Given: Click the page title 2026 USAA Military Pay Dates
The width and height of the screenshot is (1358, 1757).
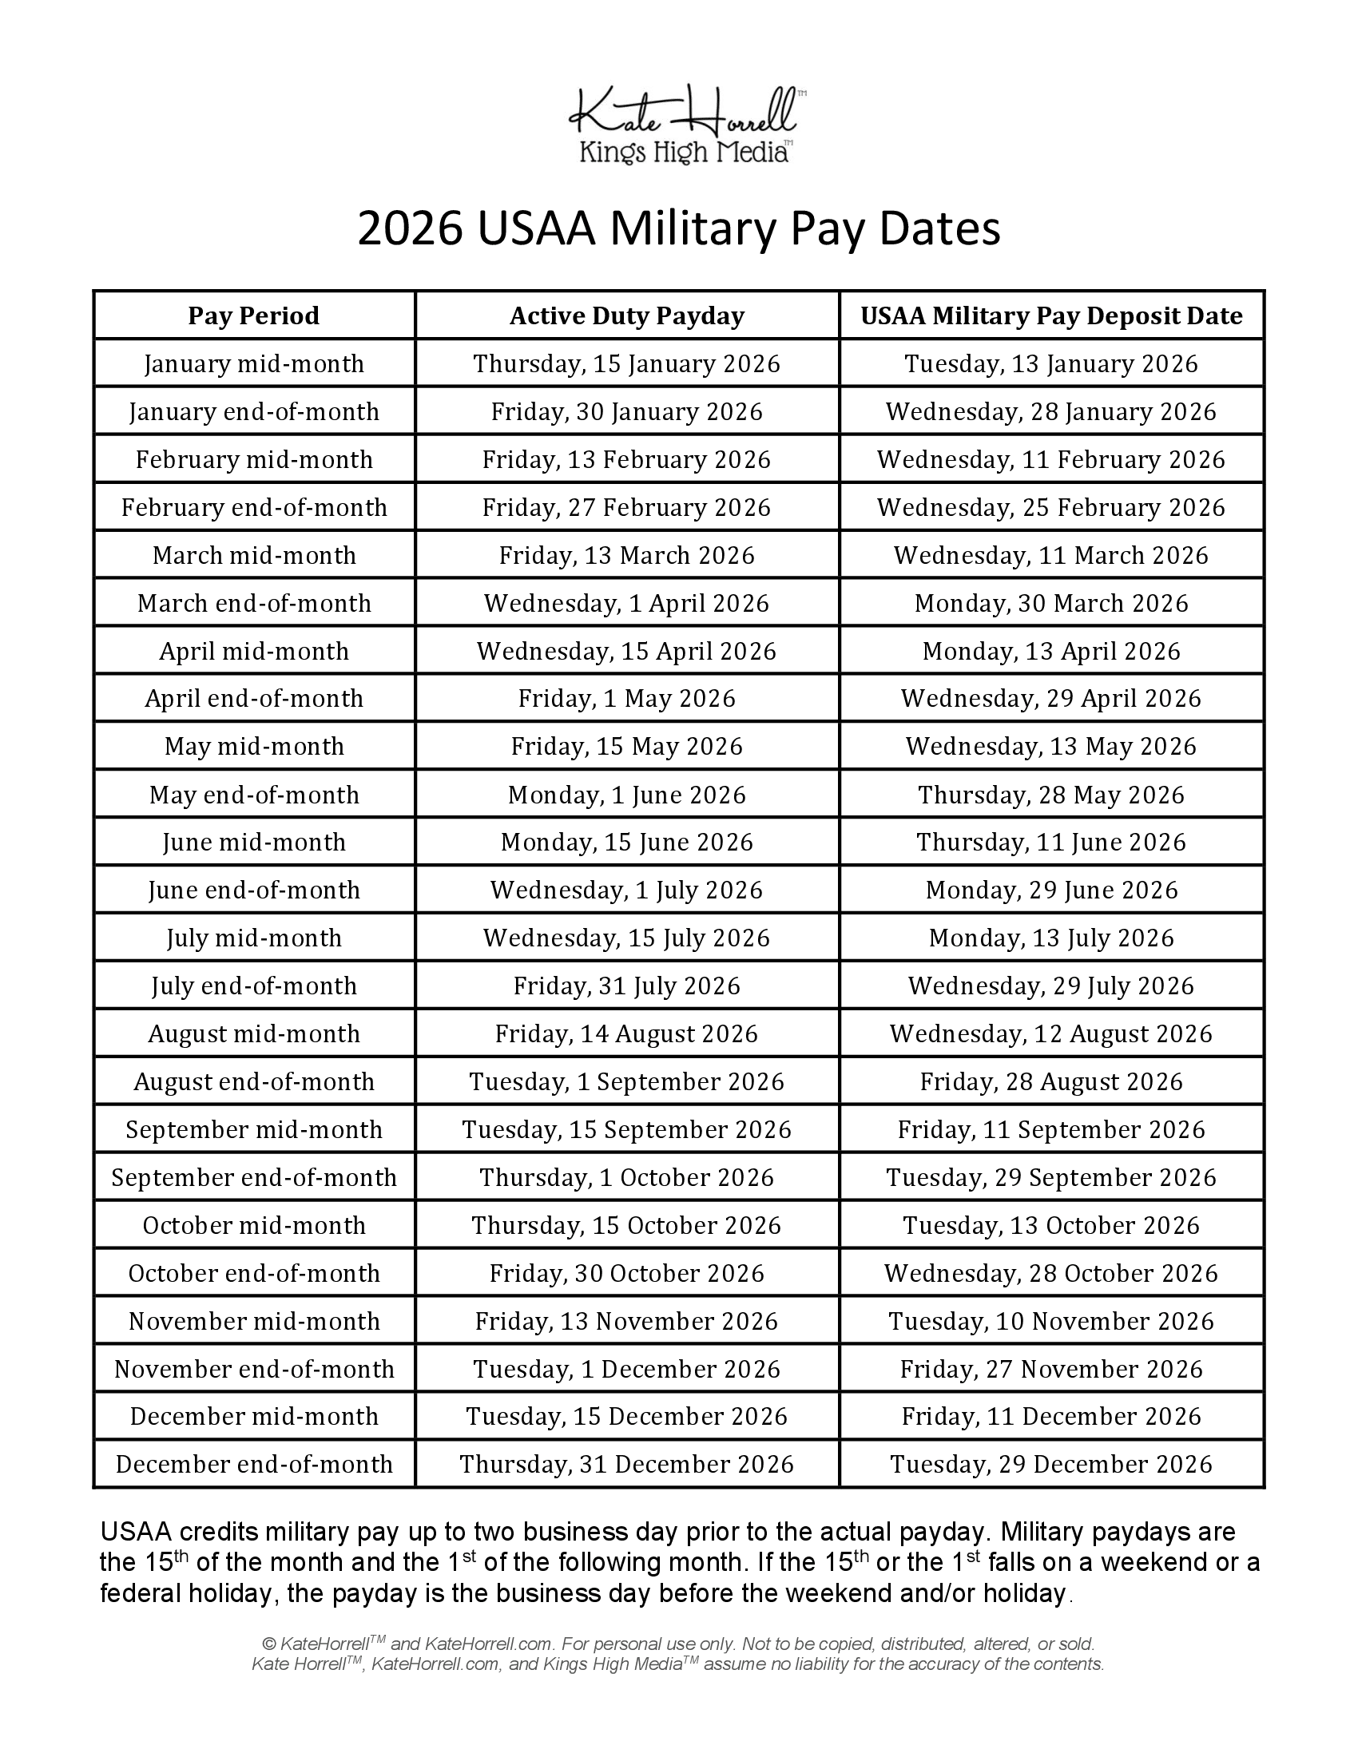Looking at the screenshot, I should point(678,228).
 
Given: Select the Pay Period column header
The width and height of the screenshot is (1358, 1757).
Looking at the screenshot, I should point(253,315).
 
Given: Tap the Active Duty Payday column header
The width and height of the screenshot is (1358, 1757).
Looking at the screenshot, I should point(626,315).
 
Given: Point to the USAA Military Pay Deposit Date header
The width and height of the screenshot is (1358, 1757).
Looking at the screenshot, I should point(1050,315).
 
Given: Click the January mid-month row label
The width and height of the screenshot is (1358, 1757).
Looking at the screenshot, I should point(253,363).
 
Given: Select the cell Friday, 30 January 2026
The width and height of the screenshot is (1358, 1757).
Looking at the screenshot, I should point(626,412).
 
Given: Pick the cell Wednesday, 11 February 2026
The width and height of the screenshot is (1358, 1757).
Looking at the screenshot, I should point(1050,459).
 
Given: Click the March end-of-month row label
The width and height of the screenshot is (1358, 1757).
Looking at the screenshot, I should point(253,603).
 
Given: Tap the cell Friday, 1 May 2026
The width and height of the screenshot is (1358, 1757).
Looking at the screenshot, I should point(626,698).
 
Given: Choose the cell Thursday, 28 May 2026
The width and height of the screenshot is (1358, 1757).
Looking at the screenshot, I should point(1050,795).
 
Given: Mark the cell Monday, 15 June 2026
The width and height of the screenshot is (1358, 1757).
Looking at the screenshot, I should point(626,843).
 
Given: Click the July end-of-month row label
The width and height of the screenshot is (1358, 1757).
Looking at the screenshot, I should point(253,986).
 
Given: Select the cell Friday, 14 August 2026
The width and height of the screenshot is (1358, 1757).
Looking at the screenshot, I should point(626,1033).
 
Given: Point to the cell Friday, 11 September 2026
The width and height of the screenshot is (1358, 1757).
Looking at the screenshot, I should point(1050,1129).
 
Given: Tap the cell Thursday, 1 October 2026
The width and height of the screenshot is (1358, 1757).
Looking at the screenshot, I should point(626,1178).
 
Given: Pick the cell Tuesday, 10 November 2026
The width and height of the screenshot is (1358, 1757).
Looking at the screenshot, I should point(1050,1321).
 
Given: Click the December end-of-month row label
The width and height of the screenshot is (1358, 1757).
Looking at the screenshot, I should point(253,1464).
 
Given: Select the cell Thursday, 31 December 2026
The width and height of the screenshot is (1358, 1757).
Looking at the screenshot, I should point(626,1464).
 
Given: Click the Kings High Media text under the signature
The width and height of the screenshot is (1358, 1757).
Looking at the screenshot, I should point(684,152).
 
